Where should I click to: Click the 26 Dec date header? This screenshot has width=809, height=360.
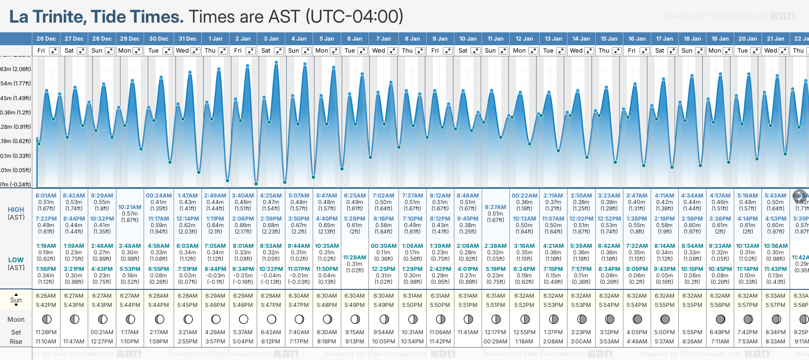pos(46,39)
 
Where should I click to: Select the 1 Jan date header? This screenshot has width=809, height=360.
pos(215,39)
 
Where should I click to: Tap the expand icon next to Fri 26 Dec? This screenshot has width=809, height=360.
pos(54,51)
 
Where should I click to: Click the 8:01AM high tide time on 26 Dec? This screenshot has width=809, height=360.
pos(46,196)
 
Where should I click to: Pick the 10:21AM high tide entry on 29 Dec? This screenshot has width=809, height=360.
pos(130,207)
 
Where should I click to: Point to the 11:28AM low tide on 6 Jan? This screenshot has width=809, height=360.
pos(355,258)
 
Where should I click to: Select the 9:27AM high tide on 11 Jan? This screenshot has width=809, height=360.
pos(495,207)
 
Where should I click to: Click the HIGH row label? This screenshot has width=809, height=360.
pos(16,210)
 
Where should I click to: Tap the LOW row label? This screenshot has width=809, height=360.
pos(16,260)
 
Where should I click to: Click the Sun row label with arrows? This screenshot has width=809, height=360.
pos(16,300)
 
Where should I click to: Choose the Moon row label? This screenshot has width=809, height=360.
pos(16,319)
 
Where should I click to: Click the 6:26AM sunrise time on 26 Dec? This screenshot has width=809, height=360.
pos(46,296)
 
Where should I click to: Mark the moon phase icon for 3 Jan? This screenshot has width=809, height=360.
pos(272,319)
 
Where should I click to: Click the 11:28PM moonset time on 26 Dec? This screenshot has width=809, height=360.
pos(46,332)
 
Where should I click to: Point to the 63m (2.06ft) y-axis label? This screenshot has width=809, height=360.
pos(16,69)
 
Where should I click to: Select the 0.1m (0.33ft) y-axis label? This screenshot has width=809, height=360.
pos(16,156)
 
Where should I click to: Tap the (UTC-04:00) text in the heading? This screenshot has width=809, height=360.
pos(354,17)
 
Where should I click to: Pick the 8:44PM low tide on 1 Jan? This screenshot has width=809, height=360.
pos(215,269)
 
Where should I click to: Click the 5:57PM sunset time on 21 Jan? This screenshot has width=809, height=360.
pos(775,305)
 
